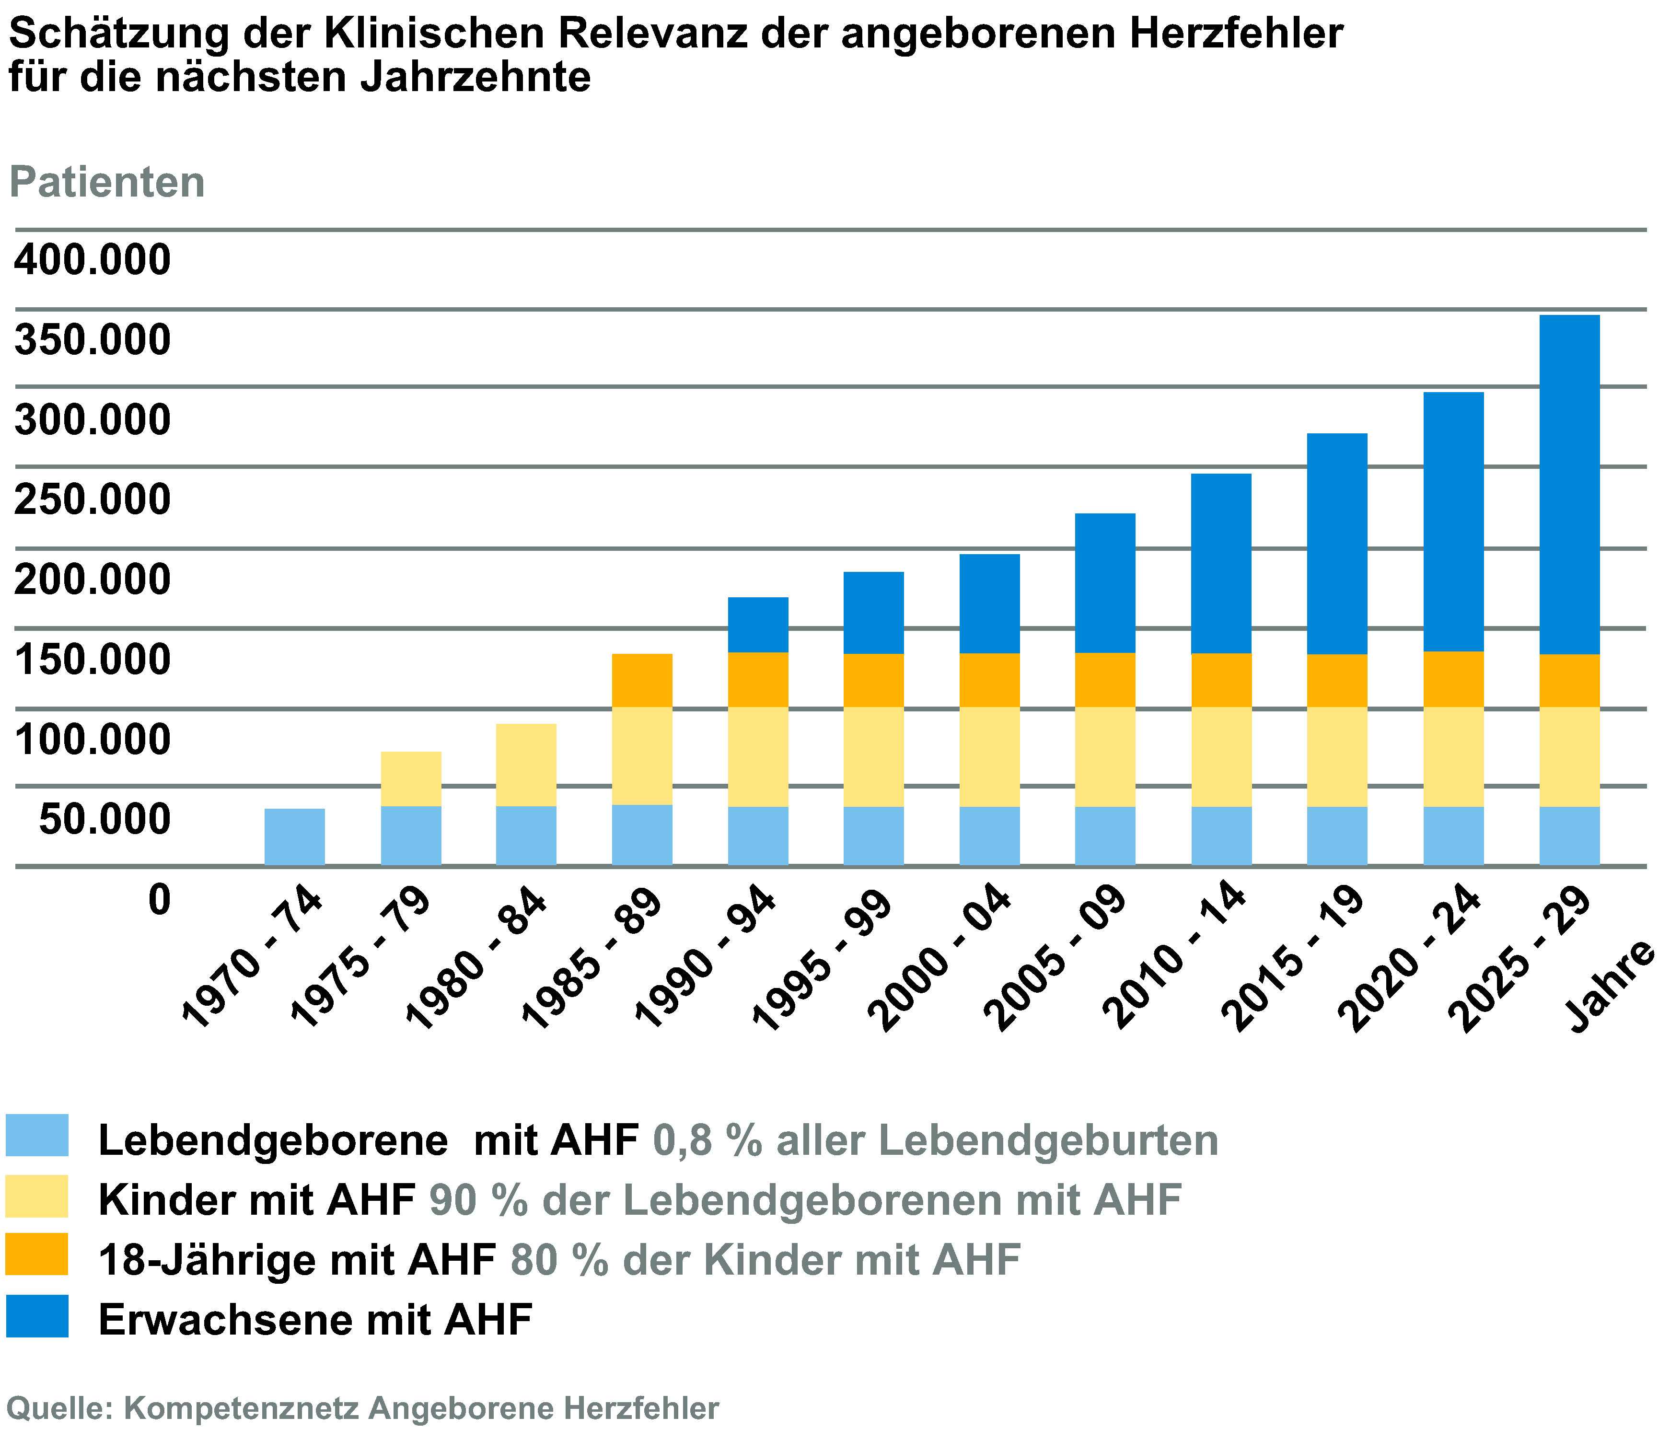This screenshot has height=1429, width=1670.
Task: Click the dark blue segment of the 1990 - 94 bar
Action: (x=758, y=625)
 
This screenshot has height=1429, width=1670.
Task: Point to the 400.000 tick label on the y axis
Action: (x=93, y=260)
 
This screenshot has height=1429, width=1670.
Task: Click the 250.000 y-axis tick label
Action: (x=93, y=500)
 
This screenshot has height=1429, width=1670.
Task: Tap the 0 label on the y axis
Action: (x=160, y=899)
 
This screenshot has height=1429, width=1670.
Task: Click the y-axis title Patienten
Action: (x=107, y=182)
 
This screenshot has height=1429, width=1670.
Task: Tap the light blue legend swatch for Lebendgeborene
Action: (x=37, y=1136)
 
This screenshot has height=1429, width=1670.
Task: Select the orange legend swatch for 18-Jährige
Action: (x=37, y=1254)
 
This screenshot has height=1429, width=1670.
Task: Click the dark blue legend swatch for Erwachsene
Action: (x=37, y=1316)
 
